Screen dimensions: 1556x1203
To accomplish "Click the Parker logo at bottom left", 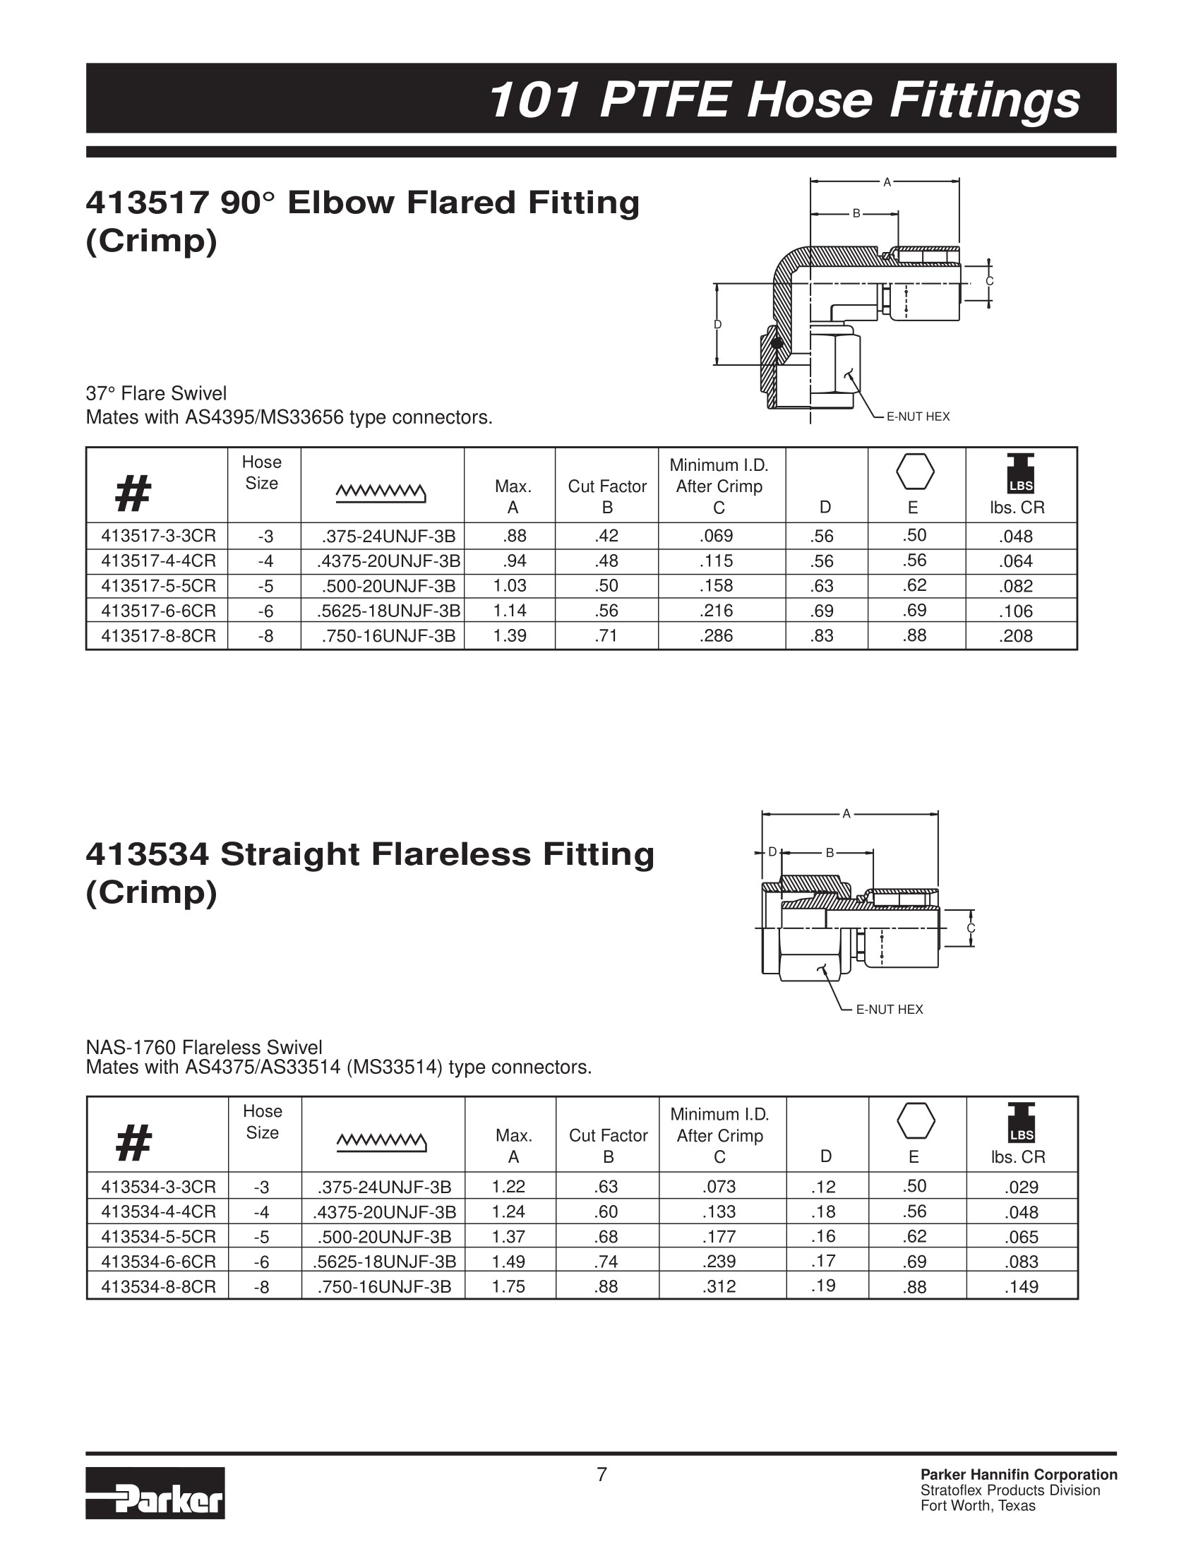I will coord(155,1492).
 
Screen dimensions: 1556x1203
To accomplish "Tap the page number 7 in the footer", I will coord(602,1474).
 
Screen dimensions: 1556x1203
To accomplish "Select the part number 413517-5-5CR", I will coord(158,587).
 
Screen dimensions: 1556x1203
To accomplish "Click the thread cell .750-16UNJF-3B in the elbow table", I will coord(388,635).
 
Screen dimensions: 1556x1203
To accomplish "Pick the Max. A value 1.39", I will coord(510,635).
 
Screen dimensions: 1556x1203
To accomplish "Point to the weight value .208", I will coord(1016,635).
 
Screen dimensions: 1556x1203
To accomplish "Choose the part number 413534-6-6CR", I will coord(158,1261).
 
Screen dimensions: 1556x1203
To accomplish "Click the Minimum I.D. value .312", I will coord(719,1286).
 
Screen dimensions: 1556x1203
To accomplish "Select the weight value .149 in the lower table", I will coord(1022,1287).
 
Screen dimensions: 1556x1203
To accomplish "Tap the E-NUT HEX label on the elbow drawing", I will coord(918,417).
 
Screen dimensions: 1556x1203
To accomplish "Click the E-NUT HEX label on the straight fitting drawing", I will coord(889,1010).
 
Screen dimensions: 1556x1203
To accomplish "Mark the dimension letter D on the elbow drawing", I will coord(718,325).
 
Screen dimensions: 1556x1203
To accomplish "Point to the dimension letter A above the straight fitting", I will coord(846,813).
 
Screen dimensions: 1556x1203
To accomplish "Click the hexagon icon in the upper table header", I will coord(915,472).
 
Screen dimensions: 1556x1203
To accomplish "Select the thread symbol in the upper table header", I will coord(381,491).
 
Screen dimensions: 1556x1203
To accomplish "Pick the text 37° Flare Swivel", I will coord(156,393).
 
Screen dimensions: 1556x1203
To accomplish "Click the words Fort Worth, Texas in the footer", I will coord(978,1505).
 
